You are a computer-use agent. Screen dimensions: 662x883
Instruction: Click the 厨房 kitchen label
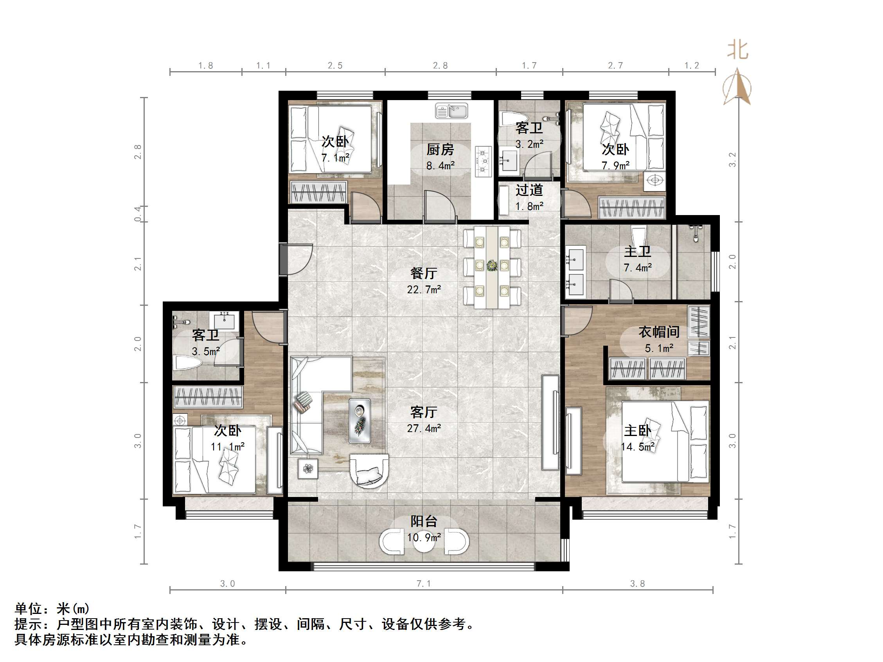coord(440,150)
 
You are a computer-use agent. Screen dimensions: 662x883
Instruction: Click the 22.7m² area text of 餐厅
coord(424,289)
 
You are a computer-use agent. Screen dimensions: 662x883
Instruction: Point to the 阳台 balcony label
coord(424,521)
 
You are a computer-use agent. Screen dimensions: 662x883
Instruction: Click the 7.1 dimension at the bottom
coord(424,583)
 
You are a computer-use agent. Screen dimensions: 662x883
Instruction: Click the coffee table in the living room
coord(359,421)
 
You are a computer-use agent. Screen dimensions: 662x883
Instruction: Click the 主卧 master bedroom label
coord(637,430)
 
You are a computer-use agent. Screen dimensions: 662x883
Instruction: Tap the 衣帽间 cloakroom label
coord(659,332)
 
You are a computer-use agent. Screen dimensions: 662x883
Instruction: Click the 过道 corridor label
coord(529,190)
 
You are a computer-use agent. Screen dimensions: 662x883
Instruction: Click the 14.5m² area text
coord(637,447)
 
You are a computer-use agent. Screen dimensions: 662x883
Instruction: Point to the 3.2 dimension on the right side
coord(732,160)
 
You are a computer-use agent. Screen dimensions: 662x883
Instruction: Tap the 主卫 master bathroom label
coord(637,251)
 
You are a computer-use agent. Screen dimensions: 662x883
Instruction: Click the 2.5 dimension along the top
coord(335,65)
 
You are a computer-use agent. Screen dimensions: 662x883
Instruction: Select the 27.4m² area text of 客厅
coord(424,428)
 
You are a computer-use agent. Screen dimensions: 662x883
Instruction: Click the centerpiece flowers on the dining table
coord(492,266)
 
